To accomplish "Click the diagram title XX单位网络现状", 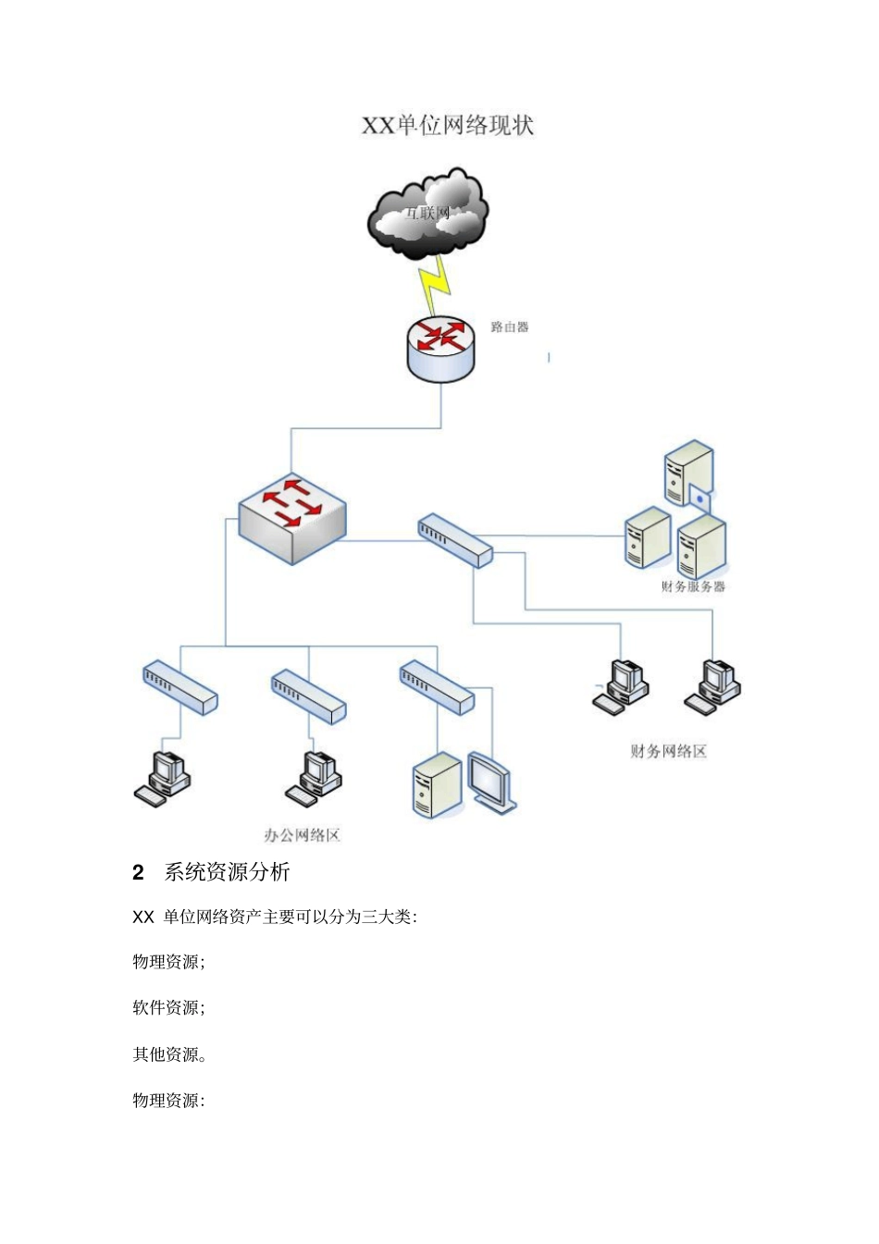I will (447, 125).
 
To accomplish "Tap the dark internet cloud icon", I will (427, 215).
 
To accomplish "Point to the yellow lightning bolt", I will (436, 284).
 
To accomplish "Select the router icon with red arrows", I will (440, 348).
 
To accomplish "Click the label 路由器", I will (510, 327).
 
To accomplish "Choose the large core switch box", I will (292, 518).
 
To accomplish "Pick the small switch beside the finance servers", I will (455, 540).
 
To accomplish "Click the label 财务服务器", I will (693, 586).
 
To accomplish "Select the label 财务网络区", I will (668, 751).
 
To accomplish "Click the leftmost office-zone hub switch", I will (180, 687).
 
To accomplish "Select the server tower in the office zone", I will (436, 785).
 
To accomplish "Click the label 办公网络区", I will (303, 835).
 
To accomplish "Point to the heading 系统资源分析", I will (227, 872).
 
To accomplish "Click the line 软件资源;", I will (168, 1008).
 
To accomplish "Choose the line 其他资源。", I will (169, 1054).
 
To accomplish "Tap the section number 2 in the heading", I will (139, 872).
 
